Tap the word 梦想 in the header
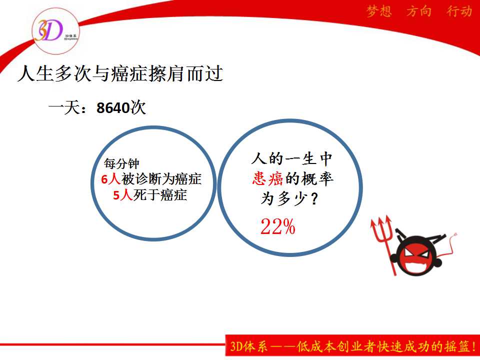click(x=379, y=11)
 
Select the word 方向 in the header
click(x=419, y=11)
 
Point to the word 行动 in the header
click(x=459, y=11)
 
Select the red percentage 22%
click(x=278, y=227)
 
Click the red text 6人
click(x=110, y=179)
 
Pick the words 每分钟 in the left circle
click(x=121, y=163)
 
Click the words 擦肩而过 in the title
click(x=186, y=74)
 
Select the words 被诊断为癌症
click(x=161, y=179)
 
